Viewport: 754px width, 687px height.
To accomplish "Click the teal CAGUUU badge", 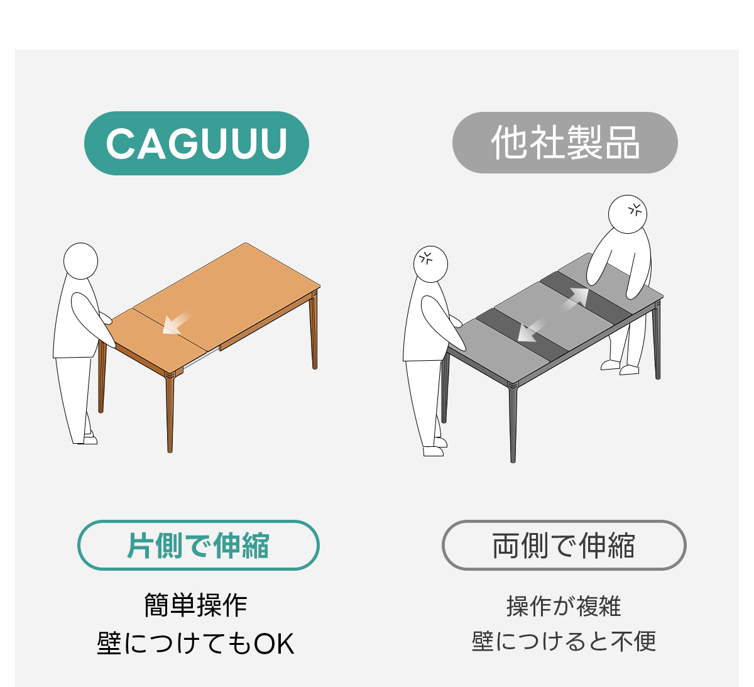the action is (x=196, y=143).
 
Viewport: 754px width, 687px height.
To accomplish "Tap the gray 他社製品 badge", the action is (x=565, y=143).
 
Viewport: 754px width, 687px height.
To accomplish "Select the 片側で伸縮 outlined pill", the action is (x=198, y=545).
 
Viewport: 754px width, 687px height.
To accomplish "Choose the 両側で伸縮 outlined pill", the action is (x=564, y=545).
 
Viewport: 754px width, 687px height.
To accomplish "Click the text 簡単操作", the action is (x=195, y=605).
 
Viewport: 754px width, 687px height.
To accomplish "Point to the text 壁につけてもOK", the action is (x=195, y=644).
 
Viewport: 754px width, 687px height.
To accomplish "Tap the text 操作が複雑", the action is (x=564, y=606).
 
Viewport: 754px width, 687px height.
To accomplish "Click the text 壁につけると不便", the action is (x=564, y=642).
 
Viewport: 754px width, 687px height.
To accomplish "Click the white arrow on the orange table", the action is (x=176, y=323).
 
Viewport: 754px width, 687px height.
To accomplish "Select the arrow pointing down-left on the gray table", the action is (x=532, y=330).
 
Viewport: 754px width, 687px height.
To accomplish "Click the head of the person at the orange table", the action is (x=80, y=261).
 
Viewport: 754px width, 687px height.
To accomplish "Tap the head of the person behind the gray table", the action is (x=627, y=214).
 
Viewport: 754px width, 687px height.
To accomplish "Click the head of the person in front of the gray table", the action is (x=430, y=264).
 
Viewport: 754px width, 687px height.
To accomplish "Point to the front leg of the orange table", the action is (x=170, y=413).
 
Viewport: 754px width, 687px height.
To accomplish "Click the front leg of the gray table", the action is (x=513, y=424).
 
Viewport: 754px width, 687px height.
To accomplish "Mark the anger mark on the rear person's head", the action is (x=635, y=210).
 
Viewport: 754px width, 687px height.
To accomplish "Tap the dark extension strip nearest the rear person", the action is (x=586, y=298).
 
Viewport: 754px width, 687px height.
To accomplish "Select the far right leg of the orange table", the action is (x=314, y=331).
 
